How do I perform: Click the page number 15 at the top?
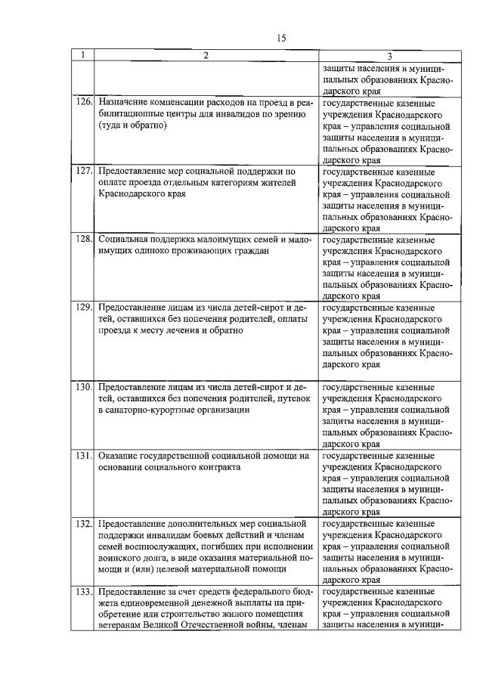click(x=281, y=36)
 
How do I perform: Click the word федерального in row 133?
click(x=258, y=590)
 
